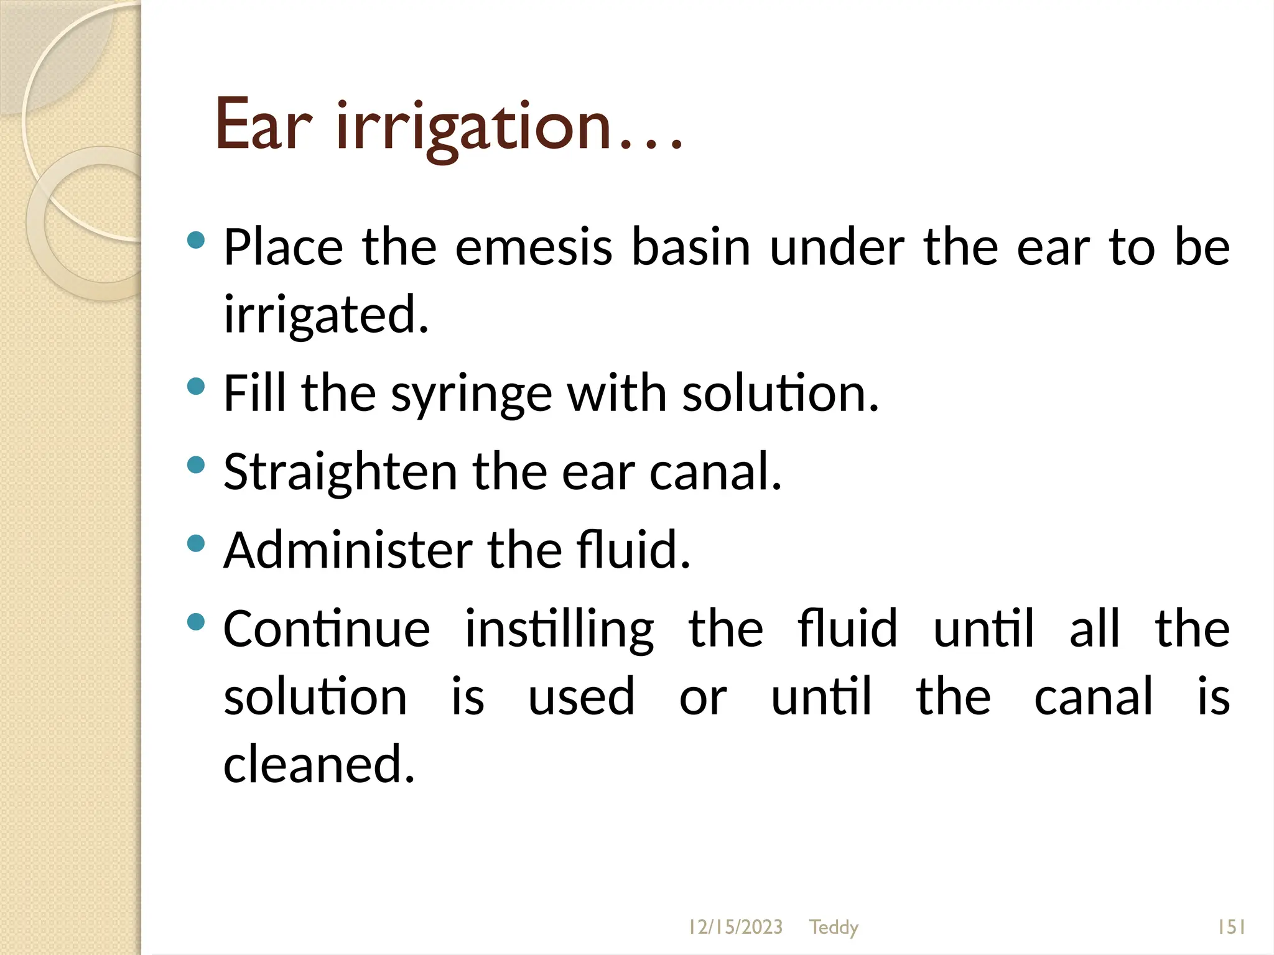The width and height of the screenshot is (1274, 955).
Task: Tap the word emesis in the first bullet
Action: point(534,247)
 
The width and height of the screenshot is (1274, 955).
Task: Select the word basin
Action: point(691,247)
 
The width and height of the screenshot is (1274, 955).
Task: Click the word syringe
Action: point(471,395)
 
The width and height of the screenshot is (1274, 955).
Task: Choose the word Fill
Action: point(255,393)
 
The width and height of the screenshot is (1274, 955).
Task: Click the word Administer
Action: point(348,550)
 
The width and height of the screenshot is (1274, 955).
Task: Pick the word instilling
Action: point(559,630)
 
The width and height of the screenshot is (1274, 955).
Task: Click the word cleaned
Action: point(318,764)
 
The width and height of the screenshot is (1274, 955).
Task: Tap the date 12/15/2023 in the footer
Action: point(735,927)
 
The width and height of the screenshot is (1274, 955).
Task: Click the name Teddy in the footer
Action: point(834,927)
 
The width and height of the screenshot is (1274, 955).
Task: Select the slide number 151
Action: point(1231,927)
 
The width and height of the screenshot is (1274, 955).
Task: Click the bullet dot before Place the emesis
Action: point(196,240)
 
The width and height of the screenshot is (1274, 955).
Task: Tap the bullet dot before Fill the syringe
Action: point(196,387)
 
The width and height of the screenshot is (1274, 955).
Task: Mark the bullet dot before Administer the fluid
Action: point(196,543)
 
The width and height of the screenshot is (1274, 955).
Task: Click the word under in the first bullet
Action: point(837,247)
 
